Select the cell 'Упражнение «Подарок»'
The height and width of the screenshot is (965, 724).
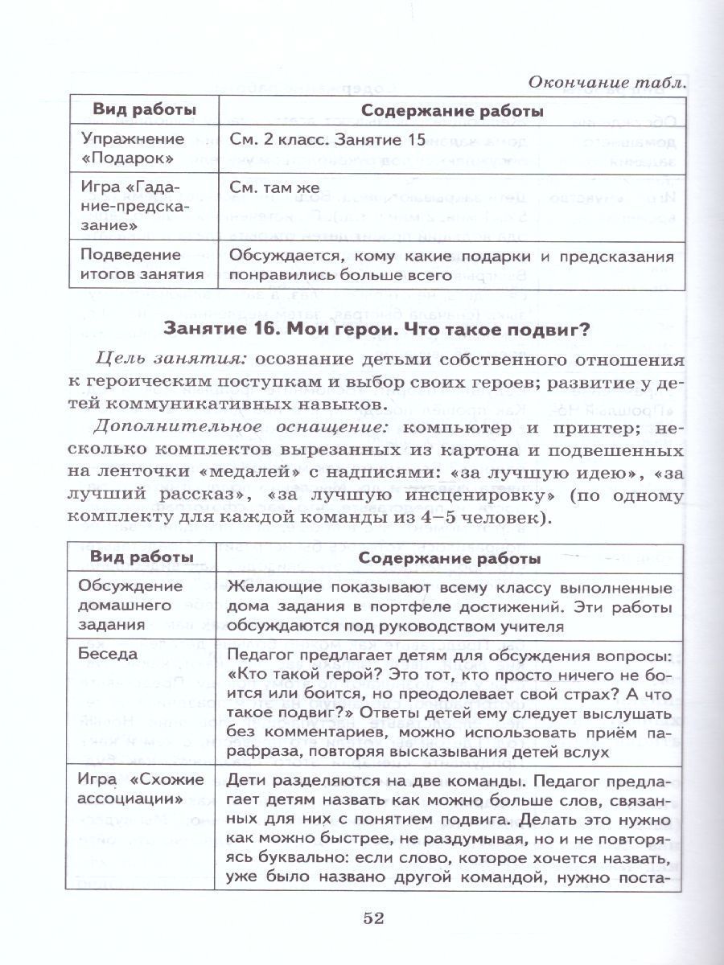coord(133,147)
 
